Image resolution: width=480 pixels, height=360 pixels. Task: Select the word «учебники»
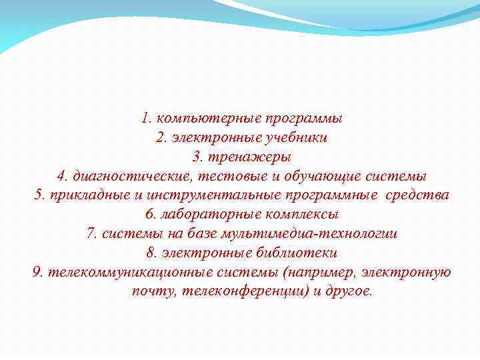tap(296, 139)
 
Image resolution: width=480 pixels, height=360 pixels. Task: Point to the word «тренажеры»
tap(250, 157)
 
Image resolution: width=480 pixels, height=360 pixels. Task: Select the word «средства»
tap(420, 195)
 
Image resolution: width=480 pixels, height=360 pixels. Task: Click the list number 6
tap(149, 215)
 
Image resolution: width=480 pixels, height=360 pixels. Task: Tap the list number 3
tap(196, 157)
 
